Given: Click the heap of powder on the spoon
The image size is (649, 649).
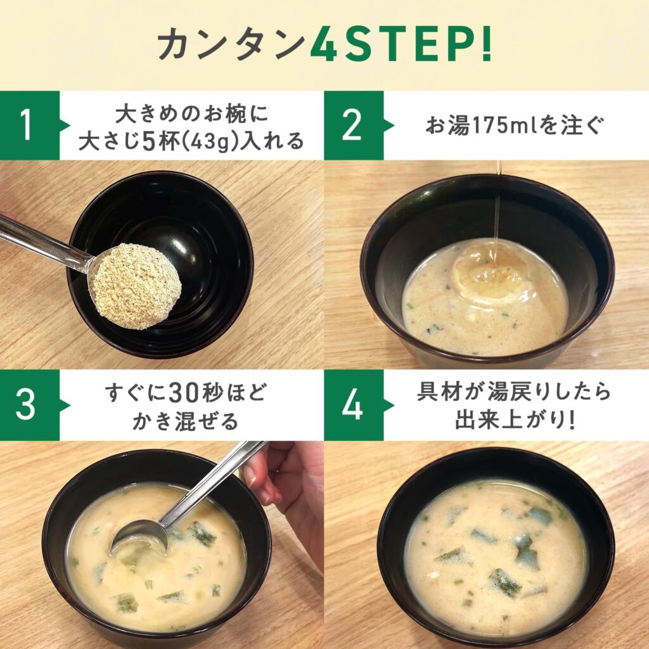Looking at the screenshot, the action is (x=136, y=286).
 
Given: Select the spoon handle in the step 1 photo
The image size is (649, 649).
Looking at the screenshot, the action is (x=46, y=243).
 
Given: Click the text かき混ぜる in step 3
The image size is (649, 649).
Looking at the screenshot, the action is (x=186, y=421).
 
